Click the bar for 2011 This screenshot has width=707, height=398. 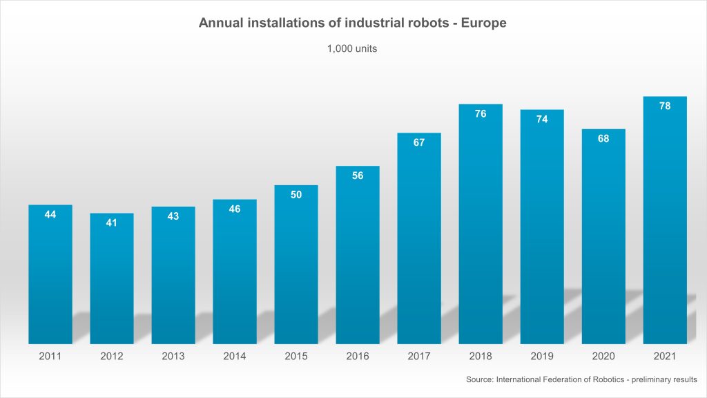click(x=50, y=276)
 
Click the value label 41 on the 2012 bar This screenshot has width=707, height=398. click(x=112, y=223)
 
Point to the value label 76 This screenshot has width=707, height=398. click(x=481, y=114)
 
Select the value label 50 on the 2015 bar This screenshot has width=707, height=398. click(x=296, y=195)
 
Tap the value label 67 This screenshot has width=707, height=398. click(x=419, y=142)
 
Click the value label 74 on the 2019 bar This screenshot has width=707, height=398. click(x=542, y=120)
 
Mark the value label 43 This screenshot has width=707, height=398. click(x=173, y=216)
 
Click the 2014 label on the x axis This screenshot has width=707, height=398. click(x=235, y=357)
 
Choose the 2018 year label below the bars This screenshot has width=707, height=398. click(x=481, y=357)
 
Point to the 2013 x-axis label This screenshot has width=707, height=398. click(x=173, y=357)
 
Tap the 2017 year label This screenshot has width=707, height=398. click(x=419, y=357)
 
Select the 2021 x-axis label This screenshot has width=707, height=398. click(x=665, y=357)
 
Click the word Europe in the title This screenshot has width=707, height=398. click(x=487, y=23)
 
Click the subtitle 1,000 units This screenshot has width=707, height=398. click(x=352, y=49)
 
